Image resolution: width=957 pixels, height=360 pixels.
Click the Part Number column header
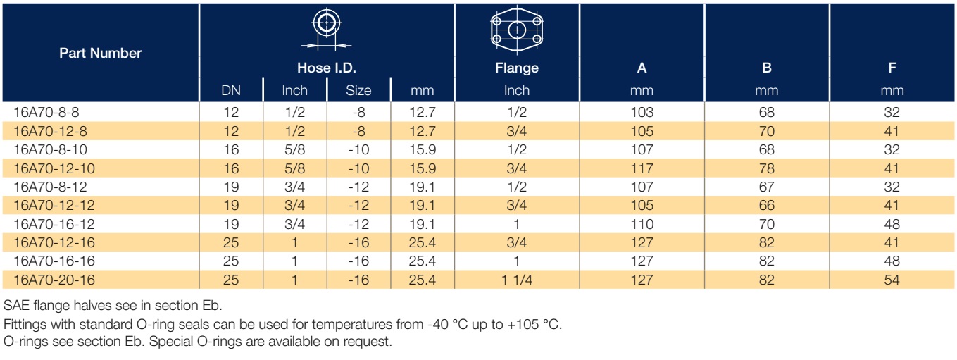(101, 53)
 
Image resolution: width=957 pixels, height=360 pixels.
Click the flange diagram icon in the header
(516, 30)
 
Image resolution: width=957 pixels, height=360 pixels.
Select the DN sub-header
(231, 91)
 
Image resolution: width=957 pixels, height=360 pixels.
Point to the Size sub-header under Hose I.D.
(358, 91)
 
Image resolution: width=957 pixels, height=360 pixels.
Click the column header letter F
(892, 68)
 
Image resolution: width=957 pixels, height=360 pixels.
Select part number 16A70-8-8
(46, 112)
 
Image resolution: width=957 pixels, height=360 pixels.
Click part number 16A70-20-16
(54, 280)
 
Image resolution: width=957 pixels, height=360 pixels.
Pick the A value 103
(642, 112)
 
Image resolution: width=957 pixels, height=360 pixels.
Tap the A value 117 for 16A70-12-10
(642, 168)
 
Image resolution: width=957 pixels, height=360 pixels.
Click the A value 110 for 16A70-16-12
(642, 224)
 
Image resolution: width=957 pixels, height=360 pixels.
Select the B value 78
(767, 168)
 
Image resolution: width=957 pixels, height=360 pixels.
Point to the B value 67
(767, 187)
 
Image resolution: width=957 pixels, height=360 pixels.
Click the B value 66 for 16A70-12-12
(767, 205)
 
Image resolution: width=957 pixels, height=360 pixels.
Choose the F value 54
(892, 280)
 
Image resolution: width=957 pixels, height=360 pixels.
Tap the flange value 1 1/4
(517, 280)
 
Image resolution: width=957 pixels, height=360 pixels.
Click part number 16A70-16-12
(54, 224)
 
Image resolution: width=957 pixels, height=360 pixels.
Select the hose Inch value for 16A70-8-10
(295, 149)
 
